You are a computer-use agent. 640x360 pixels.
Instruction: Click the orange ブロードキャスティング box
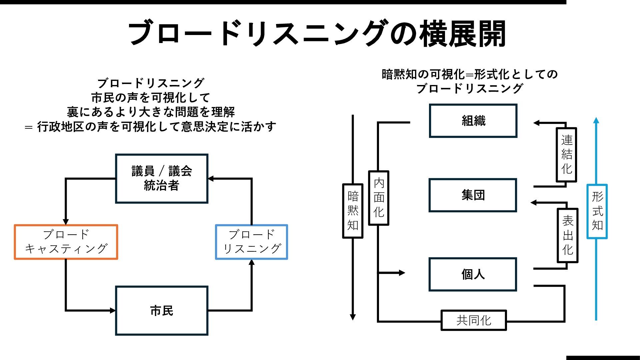point(66,242)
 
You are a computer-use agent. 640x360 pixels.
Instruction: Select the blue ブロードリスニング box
point(251,242)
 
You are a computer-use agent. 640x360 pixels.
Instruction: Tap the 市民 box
point(162,311)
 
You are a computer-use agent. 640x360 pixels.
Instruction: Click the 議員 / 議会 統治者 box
point(162,178)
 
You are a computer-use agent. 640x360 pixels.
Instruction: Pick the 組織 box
point(473,121)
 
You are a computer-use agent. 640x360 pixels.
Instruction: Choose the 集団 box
point(473,195)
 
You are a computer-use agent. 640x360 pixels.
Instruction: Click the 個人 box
point(473,274)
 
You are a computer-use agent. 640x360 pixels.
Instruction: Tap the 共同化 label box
point(474,320)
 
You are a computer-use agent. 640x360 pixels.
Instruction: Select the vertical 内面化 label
point(379,198)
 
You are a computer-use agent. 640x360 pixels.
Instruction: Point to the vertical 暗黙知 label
point(353,211)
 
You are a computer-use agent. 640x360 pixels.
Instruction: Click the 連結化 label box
point(566,155)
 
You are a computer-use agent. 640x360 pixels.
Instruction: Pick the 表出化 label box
point(567,235)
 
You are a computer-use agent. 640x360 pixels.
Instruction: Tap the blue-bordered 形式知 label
point(597,211)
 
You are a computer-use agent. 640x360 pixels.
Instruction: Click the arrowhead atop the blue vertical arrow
point(596,120)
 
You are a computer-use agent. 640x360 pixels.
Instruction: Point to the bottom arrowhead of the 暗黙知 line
point(353,317)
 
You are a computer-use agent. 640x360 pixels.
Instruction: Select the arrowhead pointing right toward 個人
point(402,273)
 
